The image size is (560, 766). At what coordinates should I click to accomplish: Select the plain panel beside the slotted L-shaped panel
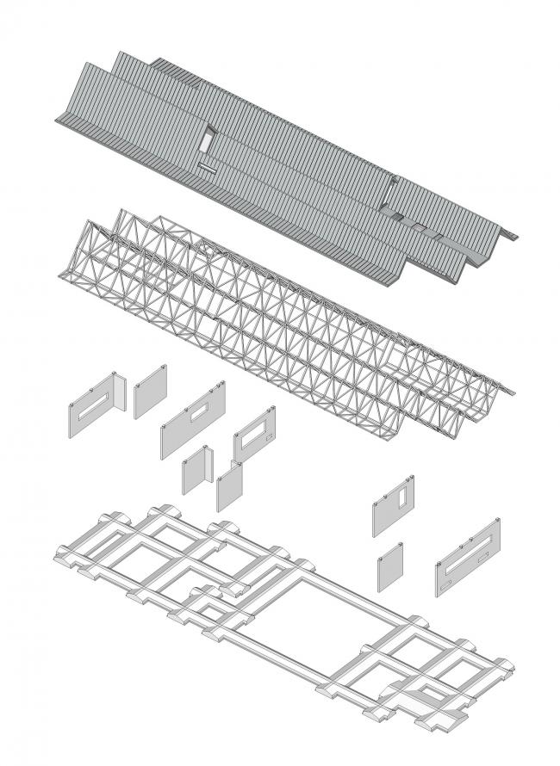point(150,392)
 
